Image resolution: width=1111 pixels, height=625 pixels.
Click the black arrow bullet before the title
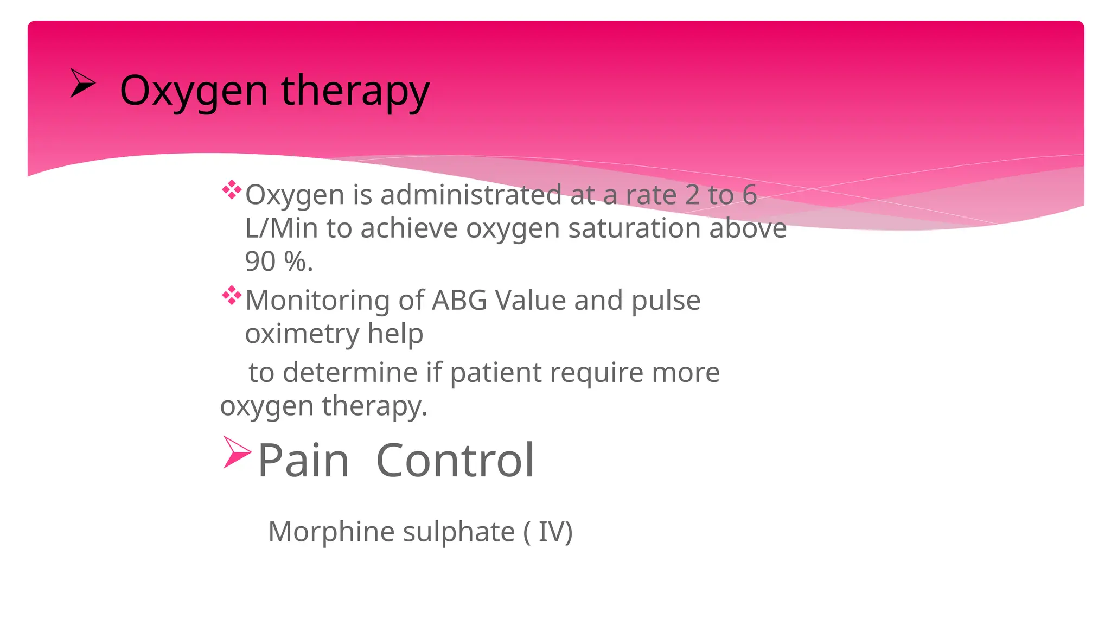coord(82,84)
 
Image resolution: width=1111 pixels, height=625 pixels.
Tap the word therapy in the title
coord(355,91)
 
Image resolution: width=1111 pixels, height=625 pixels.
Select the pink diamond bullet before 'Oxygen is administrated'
coord(232,190)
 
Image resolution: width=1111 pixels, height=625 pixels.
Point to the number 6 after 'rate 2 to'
coord(749,195)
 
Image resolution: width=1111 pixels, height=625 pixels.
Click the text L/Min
coord(281,228)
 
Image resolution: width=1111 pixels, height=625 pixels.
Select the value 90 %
coord(279,262)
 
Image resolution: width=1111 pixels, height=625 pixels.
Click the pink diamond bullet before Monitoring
coord(232,296)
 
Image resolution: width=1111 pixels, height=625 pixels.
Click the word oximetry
coord(302,334)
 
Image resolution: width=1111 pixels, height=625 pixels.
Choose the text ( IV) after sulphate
coord(548,532)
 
